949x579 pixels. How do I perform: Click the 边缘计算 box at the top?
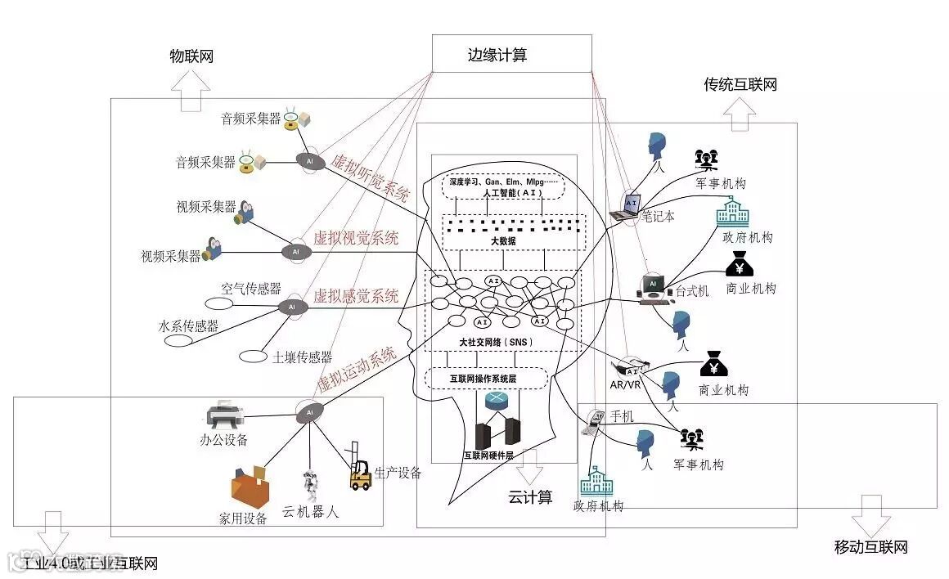point(510,54)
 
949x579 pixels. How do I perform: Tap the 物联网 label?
point(191,56)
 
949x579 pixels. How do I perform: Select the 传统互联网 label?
point(740,84)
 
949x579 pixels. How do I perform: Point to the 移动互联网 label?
point(870,547)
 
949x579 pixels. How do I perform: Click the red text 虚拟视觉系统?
point(356,239)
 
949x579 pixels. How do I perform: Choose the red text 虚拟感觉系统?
point(356,296)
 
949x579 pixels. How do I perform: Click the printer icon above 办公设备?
point(224,416)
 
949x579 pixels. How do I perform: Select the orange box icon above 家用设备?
point(250,487)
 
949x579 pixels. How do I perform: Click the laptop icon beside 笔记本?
point(627,206)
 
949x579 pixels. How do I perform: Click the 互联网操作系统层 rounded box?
point(487,379)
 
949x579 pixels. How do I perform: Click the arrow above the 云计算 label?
point(530,468)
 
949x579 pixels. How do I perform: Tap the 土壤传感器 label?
point(303,357)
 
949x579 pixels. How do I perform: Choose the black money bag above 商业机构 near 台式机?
point(740,263)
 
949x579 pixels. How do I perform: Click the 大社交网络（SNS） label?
point(490,341)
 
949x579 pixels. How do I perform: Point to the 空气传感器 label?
point(251,289)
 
